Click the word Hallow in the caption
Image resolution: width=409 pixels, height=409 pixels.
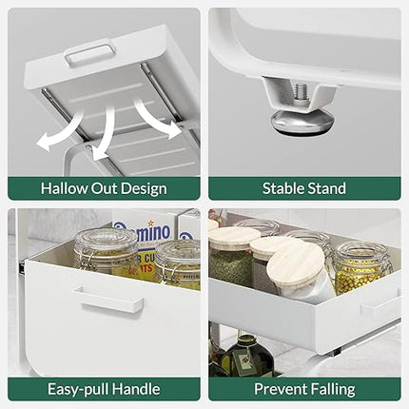[x=64, y=188]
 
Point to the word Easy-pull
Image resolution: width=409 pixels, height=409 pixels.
[x=79, y=389]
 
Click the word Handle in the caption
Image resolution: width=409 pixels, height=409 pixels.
[x=137, y=389]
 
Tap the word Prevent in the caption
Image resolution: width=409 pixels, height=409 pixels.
[x=281, y=389]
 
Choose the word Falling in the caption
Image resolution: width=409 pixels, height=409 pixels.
[x=333, y=390]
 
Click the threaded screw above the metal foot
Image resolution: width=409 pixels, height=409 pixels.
[x=300, y=91]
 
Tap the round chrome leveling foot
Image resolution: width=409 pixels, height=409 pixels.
[x=302, y=123]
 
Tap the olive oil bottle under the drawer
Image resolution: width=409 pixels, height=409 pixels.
[x=246, y=355]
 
